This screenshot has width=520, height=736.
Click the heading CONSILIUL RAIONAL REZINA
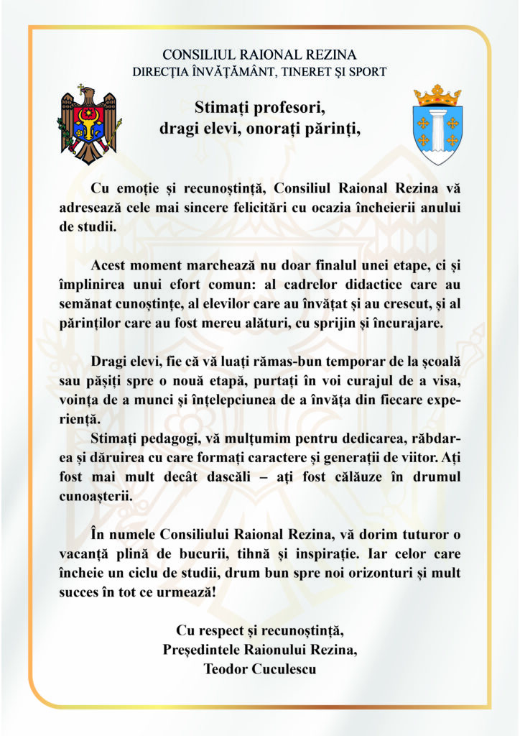(x=259, y=55)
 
